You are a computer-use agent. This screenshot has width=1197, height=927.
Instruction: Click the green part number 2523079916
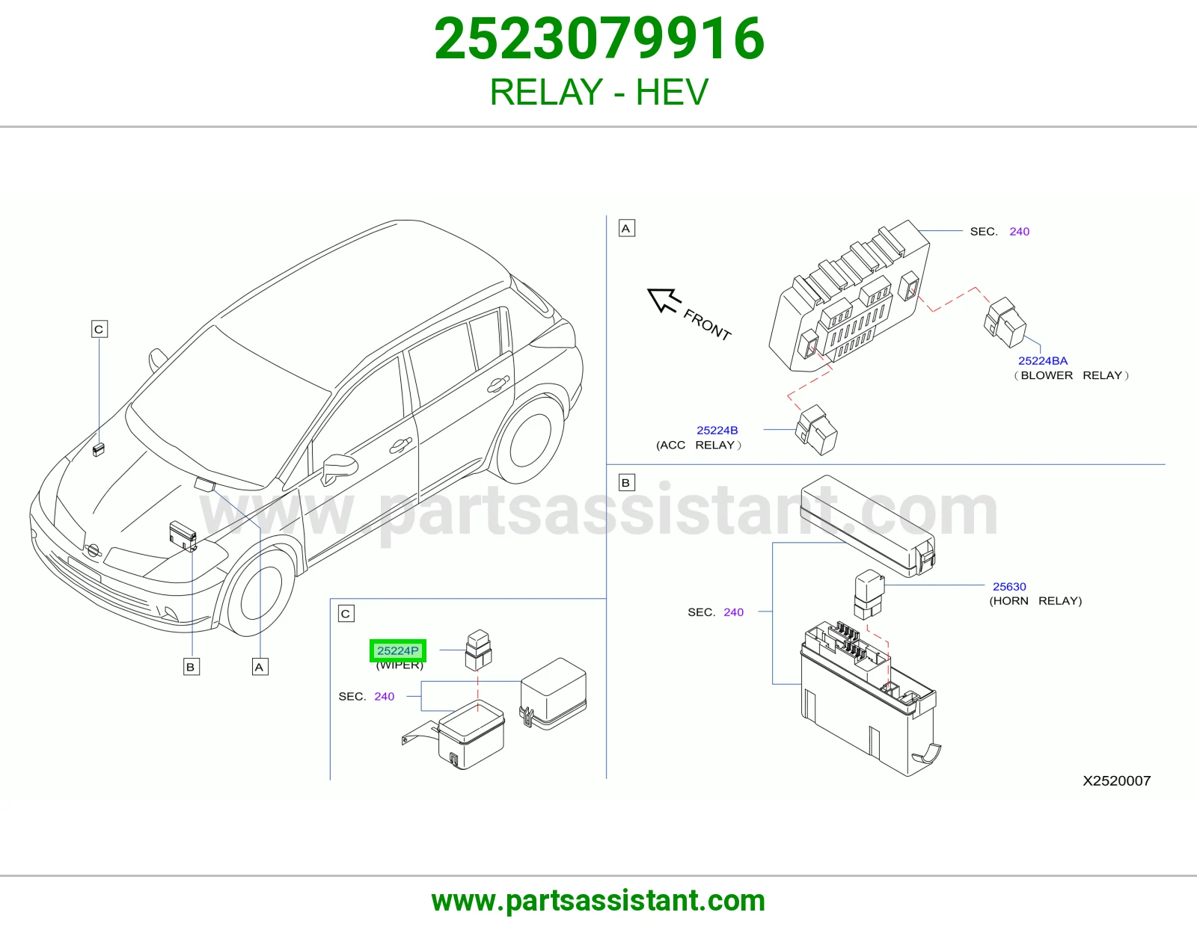point(598,39)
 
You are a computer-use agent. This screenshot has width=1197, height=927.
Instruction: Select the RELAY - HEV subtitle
point(598,92)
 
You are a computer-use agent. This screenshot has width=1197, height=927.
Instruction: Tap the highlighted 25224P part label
point(397,650)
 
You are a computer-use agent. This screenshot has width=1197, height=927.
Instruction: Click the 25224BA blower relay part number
point(1042,360)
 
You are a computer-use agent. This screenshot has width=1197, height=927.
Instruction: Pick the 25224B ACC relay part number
point(717,430)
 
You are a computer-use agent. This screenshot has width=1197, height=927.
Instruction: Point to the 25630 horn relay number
point(1009,586)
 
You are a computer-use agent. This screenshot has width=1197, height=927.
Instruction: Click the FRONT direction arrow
point(664,301)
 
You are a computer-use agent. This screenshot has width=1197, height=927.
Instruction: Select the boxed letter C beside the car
point(100,329)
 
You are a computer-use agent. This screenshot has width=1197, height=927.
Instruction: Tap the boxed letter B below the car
point(191,667)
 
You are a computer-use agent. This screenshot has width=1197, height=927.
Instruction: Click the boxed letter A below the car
point(260,667)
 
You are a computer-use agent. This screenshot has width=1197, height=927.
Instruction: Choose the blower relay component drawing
point(1005,322)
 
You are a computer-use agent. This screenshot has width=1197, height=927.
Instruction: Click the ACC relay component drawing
point(815,430)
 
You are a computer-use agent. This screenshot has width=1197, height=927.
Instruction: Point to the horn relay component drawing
point(869,594)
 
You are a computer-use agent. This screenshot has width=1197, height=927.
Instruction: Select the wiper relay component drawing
point(478,650)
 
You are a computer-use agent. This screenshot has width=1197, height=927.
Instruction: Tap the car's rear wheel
point(530,440)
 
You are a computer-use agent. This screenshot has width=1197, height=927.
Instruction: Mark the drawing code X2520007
point(1116,780)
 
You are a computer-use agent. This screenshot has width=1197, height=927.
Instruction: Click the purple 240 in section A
point(1019,231)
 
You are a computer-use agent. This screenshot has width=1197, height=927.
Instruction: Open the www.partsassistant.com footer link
point(598,901)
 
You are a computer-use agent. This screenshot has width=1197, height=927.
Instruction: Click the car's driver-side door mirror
point(340,469)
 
